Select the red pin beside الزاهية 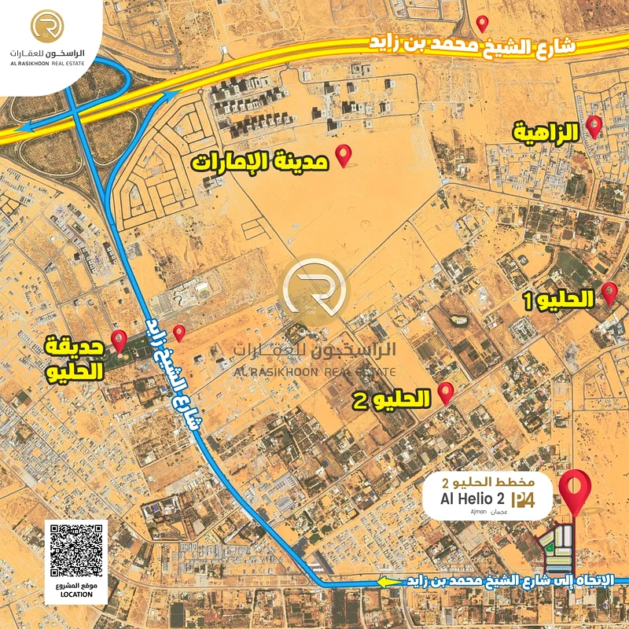tap(594, 126)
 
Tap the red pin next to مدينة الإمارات tap(344, 155)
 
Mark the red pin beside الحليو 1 tap(609, 294)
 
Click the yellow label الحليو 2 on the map tap(392, 400)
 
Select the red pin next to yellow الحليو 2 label tap(446, 392)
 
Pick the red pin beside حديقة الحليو tap(120, 340)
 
